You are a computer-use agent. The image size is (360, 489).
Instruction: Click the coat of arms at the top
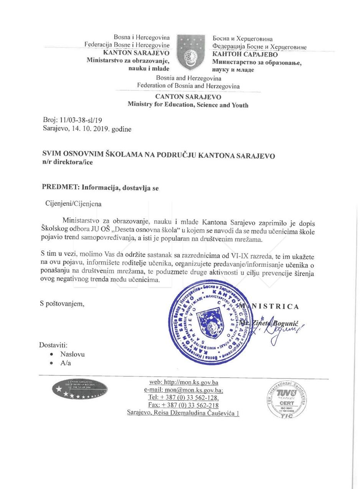click(x=190, y=52)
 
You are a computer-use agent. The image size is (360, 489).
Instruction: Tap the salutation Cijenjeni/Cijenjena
click(x=73, y=203)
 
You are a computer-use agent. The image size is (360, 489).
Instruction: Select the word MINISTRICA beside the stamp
click(x=269, y=306)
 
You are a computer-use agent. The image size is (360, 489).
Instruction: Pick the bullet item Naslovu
click(x=73, y=354)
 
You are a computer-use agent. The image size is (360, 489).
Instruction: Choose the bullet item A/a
click(x=66, y=363)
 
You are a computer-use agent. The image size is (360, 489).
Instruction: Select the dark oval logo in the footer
click(x=80, y=389)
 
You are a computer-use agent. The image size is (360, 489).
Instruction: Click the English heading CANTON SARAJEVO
click(x=188, y=97)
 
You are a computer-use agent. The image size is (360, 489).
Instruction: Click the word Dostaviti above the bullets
click(x=53, y=345)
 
